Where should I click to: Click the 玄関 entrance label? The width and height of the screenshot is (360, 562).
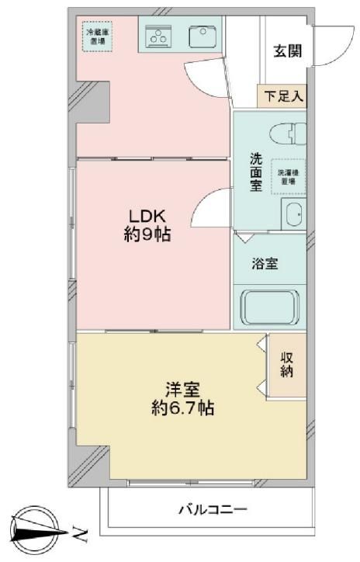(x=287, y=51)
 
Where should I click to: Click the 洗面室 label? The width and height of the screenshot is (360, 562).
(x=255, y=172)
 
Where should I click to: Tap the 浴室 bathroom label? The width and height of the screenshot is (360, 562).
(x=265, y=263)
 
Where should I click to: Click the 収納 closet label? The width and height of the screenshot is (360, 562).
(x=288, y=364)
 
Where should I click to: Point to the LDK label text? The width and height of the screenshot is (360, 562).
(x=146, y=215)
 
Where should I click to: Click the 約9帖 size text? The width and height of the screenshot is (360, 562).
(x=147, y=234)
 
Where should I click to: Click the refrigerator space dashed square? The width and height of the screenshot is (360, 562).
(x=98, y=36)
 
